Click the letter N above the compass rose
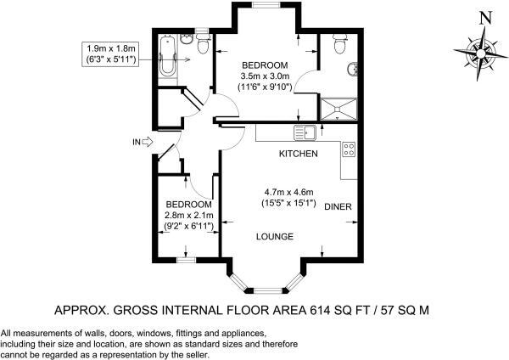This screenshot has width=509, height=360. click(x=484, y=18)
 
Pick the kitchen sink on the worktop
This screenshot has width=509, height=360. click(x=305, y=132)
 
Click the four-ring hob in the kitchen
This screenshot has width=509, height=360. click(x=348, y=150)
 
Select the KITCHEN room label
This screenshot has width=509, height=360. click(x=299, y=154)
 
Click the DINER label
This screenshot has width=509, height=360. click(x=337, y=206)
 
